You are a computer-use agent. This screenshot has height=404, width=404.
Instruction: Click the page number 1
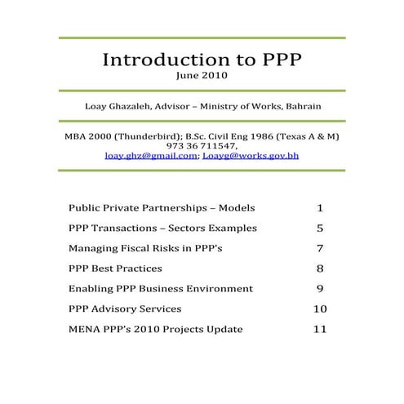320,207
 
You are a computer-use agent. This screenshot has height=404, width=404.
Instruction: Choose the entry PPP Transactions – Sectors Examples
162,228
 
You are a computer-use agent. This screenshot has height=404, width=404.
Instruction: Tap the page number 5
320,228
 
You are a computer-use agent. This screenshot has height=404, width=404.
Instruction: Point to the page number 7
320,248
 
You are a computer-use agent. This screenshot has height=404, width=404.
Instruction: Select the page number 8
320,269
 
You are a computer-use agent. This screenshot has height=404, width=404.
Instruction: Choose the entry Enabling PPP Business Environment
161,288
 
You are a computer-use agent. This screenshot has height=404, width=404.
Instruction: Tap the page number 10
320,309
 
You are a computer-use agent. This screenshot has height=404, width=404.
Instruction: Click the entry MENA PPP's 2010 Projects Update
155,329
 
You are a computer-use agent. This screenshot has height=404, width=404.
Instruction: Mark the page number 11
320,329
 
